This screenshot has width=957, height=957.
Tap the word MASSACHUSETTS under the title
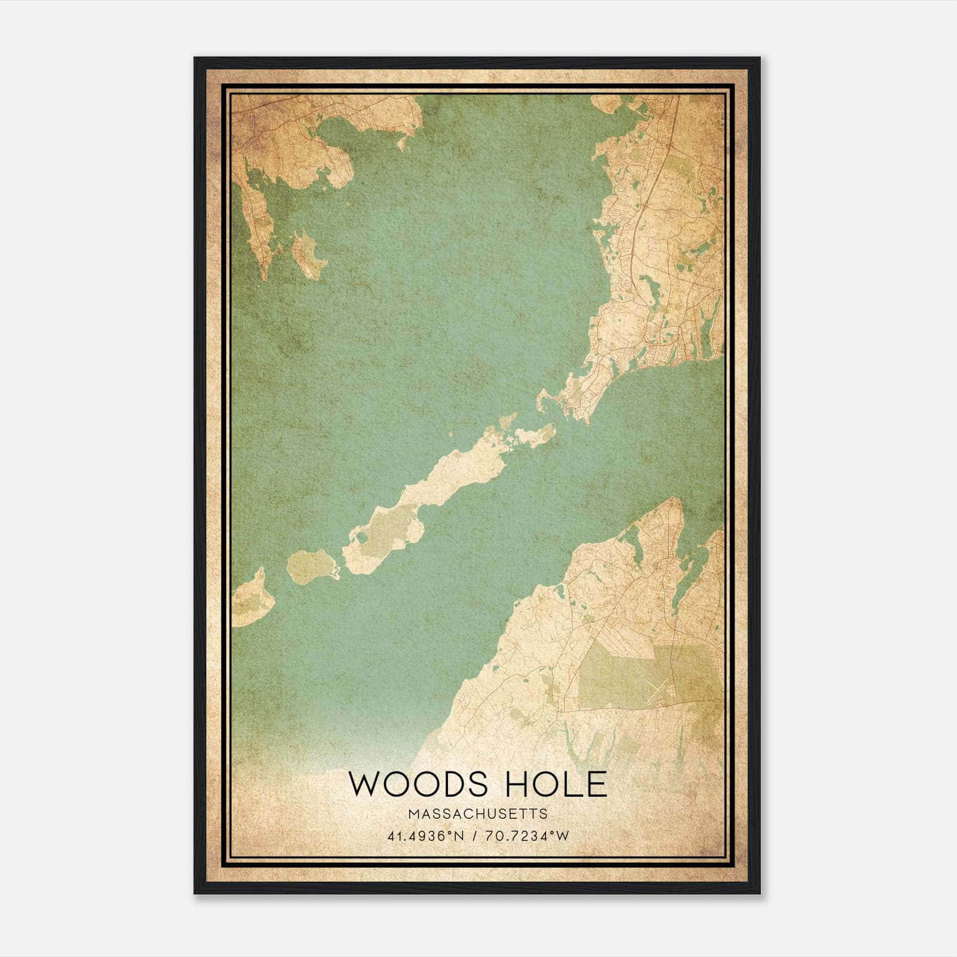tap(478, 814)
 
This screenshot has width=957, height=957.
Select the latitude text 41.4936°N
tap(426, 836)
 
